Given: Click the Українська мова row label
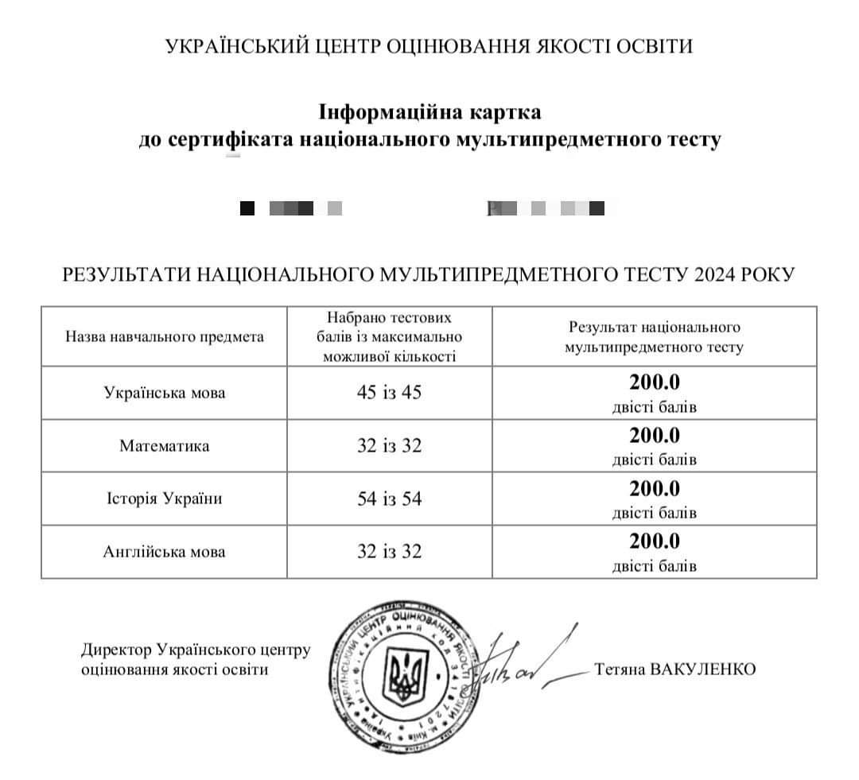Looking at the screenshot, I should [165, 393].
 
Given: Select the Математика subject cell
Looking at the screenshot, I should [165, 446].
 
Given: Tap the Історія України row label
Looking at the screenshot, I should [165, 499].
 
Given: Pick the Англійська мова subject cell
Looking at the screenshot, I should [165, 552].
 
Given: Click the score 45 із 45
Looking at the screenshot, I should [389, 393].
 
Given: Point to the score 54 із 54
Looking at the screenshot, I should [389, 499].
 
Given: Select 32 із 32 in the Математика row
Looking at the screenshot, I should [389, 446].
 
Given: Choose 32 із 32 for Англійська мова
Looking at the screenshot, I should [389, 552].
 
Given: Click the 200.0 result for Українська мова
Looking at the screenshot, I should [655, 382].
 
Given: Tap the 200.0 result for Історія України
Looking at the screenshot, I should [655, 489].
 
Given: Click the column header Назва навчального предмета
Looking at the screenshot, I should [165, 337].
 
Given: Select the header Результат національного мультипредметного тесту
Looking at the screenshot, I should [655, 337].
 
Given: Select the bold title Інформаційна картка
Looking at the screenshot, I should [429, 111].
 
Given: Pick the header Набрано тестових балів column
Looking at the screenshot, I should [389, 337].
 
